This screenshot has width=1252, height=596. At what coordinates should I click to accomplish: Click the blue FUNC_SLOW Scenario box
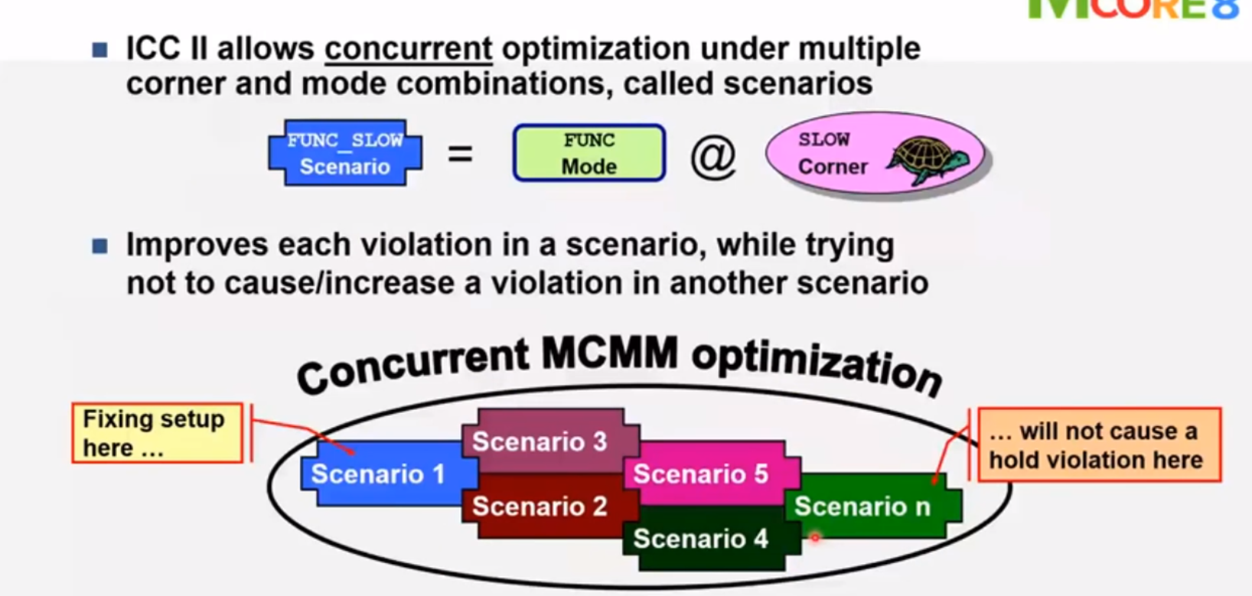coord(344,153)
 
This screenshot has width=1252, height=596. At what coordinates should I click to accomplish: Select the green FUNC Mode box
coord(589,153)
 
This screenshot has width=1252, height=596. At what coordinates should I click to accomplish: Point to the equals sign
coord(460,154)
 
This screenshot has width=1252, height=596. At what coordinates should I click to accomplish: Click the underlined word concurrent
coord(408,49)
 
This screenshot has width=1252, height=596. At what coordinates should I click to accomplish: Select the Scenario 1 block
coord(378,474)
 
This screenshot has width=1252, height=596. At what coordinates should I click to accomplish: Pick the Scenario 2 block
coord(540,506)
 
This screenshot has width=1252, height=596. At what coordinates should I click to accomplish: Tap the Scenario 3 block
coord(540,441)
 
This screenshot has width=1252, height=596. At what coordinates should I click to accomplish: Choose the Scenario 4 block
coord(700,539)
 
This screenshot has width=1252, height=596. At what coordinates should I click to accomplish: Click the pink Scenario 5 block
coord(700,474)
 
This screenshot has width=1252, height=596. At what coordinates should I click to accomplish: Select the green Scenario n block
coord(862,506)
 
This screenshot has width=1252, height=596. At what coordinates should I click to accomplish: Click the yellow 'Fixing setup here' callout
coord(156,433)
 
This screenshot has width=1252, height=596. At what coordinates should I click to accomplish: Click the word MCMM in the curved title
coord(609,354)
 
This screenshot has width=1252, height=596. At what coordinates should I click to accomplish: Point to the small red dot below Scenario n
coord(815,539)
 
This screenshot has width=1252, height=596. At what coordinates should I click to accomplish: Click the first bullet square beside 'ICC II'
coord(100,50)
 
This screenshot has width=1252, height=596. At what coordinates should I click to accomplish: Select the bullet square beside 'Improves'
coord(100,246)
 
